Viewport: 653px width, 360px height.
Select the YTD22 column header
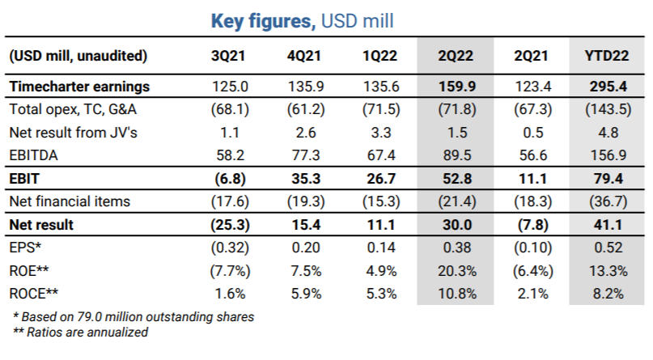(x=607, y=57)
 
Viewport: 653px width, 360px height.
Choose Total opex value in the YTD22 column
(x=607, y=108)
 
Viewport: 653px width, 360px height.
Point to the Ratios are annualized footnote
(x=80, y=332)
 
